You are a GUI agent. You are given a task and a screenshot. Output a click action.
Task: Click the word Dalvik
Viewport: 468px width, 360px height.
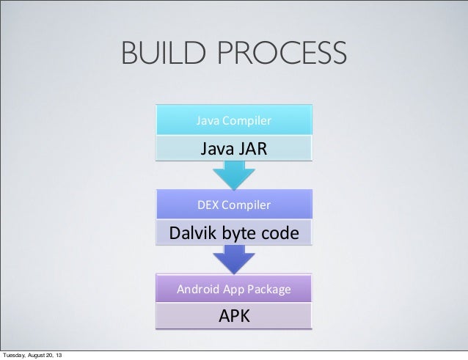pos(192,234)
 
